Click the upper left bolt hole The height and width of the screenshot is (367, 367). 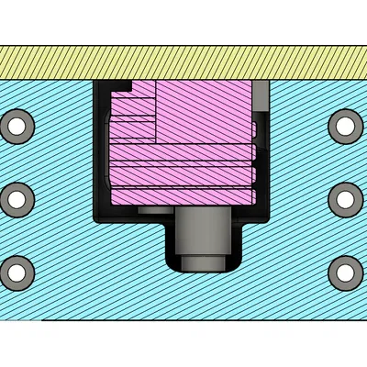tap(17, 125)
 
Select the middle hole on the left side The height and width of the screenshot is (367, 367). tap(17, 196)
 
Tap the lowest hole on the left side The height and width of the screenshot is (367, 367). tap(17, 270)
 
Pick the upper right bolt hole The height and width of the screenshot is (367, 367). tap(345, 125)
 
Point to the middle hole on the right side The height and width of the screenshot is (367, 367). tap(345, 196)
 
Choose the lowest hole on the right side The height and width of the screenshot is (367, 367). tap(345, 270)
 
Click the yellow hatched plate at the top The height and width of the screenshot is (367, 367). tap(183, 61)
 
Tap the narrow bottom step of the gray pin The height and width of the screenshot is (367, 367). tap(201, 264)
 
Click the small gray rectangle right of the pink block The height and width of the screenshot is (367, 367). tap(261, 93)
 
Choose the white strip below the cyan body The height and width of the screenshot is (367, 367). tap(183, 344)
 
